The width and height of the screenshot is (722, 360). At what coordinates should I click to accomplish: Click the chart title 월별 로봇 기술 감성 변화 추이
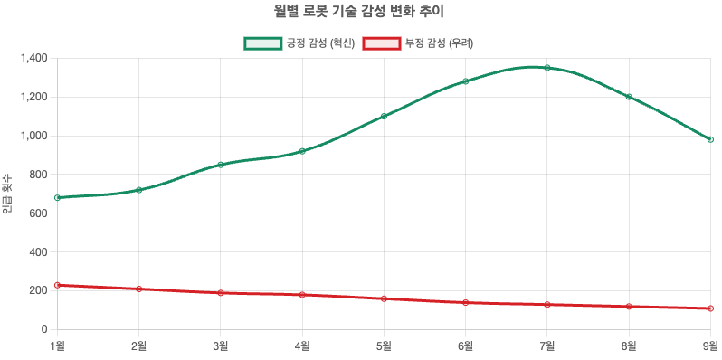click(360, 12)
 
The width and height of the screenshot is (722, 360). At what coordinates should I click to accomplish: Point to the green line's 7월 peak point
click(547, 68)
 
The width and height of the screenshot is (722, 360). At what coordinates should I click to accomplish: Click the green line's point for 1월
click(57, 197)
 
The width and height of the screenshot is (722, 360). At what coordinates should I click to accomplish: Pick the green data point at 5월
click(384, 116)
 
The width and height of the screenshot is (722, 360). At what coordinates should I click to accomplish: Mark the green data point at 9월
click(710, 139)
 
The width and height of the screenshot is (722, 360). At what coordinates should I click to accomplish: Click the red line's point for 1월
click(57, 285)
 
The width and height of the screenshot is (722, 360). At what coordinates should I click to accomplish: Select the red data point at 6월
click(465, 302)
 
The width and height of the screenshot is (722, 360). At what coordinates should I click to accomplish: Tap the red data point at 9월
click(710, 308)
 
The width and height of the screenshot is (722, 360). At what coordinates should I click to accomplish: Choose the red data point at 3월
click(220, 293)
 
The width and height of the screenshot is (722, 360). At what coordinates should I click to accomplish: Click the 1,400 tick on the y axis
click(33, 58)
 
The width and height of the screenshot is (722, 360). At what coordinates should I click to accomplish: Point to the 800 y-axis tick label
click(38, 175)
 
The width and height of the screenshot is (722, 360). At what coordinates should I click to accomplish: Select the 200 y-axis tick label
click(38, 290)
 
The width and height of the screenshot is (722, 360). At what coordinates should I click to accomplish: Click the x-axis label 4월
click(302, 345)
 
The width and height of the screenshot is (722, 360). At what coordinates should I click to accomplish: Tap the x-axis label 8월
click(629, 345)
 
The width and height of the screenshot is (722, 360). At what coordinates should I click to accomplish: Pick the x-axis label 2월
click(138, 345)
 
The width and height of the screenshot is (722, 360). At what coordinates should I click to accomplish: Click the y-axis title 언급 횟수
click(8, 194)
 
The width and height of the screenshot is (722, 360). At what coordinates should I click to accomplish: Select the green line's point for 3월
click(220, 165)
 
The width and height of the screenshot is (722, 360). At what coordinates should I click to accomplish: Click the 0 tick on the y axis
click(43, 329)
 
